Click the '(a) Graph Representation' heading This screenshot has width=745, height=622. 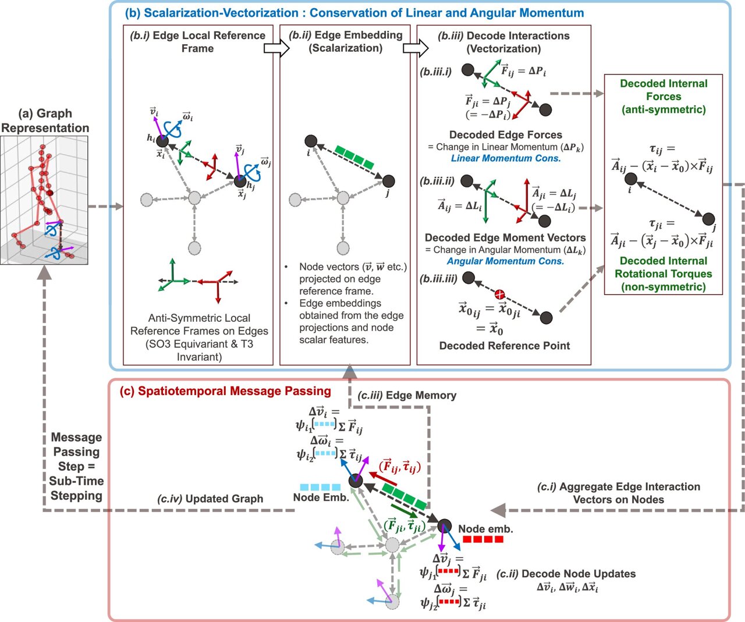[45, 120]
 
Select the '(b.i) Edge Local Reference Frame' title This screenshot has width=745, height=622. [197, 42]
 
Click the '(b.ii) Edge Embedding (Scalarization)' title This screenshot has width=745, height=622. [345, 42]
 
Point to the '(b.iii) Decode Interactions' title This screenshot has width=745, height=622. [503, 42]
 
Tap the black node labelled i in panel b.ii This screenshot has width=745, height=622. [311, 141]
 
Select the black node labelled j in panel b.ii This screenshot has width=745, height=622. [388, 181]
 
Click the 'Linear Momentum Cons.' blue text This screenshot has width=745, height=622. [506, 158]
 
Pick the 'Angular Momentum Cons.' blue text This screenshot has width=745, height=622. [505, 261]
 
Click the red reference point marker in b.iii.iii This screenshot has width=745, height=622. [499, 294]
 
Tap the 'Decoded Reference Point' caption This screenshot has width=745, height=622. [504, 346]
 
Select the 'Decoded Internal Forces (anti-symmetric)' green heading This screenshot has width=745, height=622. [664, 97]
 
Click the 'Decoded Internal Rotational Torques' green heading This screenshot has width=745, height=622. [664, 273]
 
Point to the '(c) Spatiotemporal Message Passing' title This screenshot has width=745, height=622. [225, 391]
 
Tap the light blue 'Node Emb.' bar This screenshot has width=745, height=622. [320, 487]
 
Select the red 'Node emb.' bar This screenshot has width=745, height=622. [483, 539]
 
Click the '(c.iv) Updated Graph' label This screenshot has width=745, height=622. [210, 499]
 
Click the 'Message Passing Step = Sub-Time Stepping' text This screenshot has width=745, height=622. [76, 467]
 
